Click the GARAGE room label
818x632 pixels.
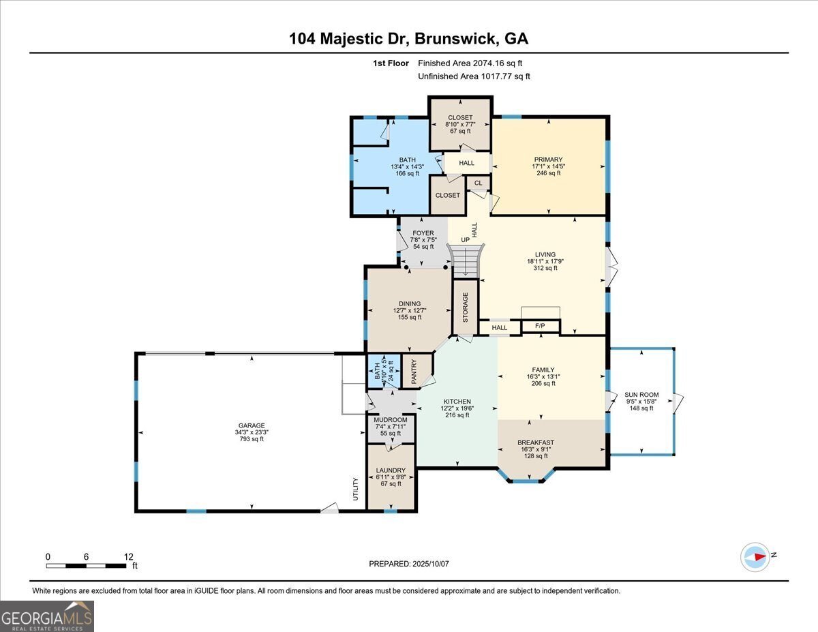point(251,425)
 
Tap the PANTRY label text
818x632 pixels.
point(414,372)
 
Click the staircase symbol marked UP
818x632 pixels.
point(467,259)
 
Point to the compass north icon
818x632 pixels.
point(755,556)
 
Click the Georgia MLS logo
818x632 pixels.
point(47,616)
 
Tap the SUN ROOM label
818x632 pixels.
point(641,395)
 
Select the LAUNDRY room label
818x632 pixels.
point(391,470)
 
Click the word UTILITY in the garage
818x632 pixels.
point(355,490)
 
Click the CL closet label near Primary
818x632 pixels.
point(478,183)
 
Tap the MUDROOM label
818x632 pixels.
point(391,419)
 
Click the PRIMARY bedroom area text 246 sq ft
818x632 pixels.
point(548,173)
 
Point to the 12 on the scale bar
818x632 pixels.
point(128,556)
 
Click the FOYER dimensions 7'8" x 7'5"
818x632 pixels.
point(423,239)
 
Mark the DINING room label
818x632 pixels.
point(410,304)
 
